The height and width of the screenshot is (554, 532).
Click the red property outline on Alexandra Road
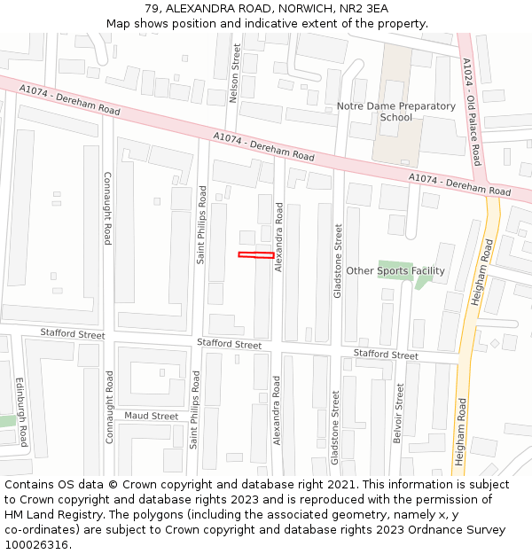[x=256, y=255]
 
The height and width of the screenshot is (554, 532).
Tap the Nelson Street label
[x=236, y=73]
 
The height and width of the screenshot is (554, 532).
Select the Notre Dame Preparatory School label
[x=395, y=112]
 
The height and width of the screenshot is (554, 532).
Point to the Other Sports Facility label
[x=395, y=270]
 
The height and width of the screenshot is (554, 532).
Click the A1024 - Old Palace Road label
[x=471, y=112]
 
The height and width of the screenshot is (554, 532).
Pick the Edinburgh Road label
[x=22, y=411]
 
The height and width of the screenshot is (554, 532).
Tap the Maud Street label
[x=151, y=416]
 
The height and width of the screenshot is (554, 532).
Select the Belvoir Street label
[x=399, y=414]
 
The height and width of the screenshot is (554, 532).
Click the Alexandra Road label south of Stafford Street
[x=277, y=410]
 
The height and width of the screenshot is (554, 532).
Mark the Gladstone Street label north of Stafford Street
[x=337, y=261]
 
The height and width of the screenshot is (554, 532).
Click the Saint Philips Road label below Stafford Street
[x=194, y=410]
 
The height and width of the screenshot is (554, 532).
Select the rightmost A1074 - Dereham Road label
[x=459, y=184]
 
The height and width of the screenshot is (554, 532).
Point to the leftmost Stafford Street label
[x=72, y=333]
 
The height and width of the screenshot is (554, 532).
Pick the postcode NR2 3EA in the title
[x=364, y=9]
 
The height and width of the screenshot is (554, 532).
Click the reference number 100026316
[x=38, y=544]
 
